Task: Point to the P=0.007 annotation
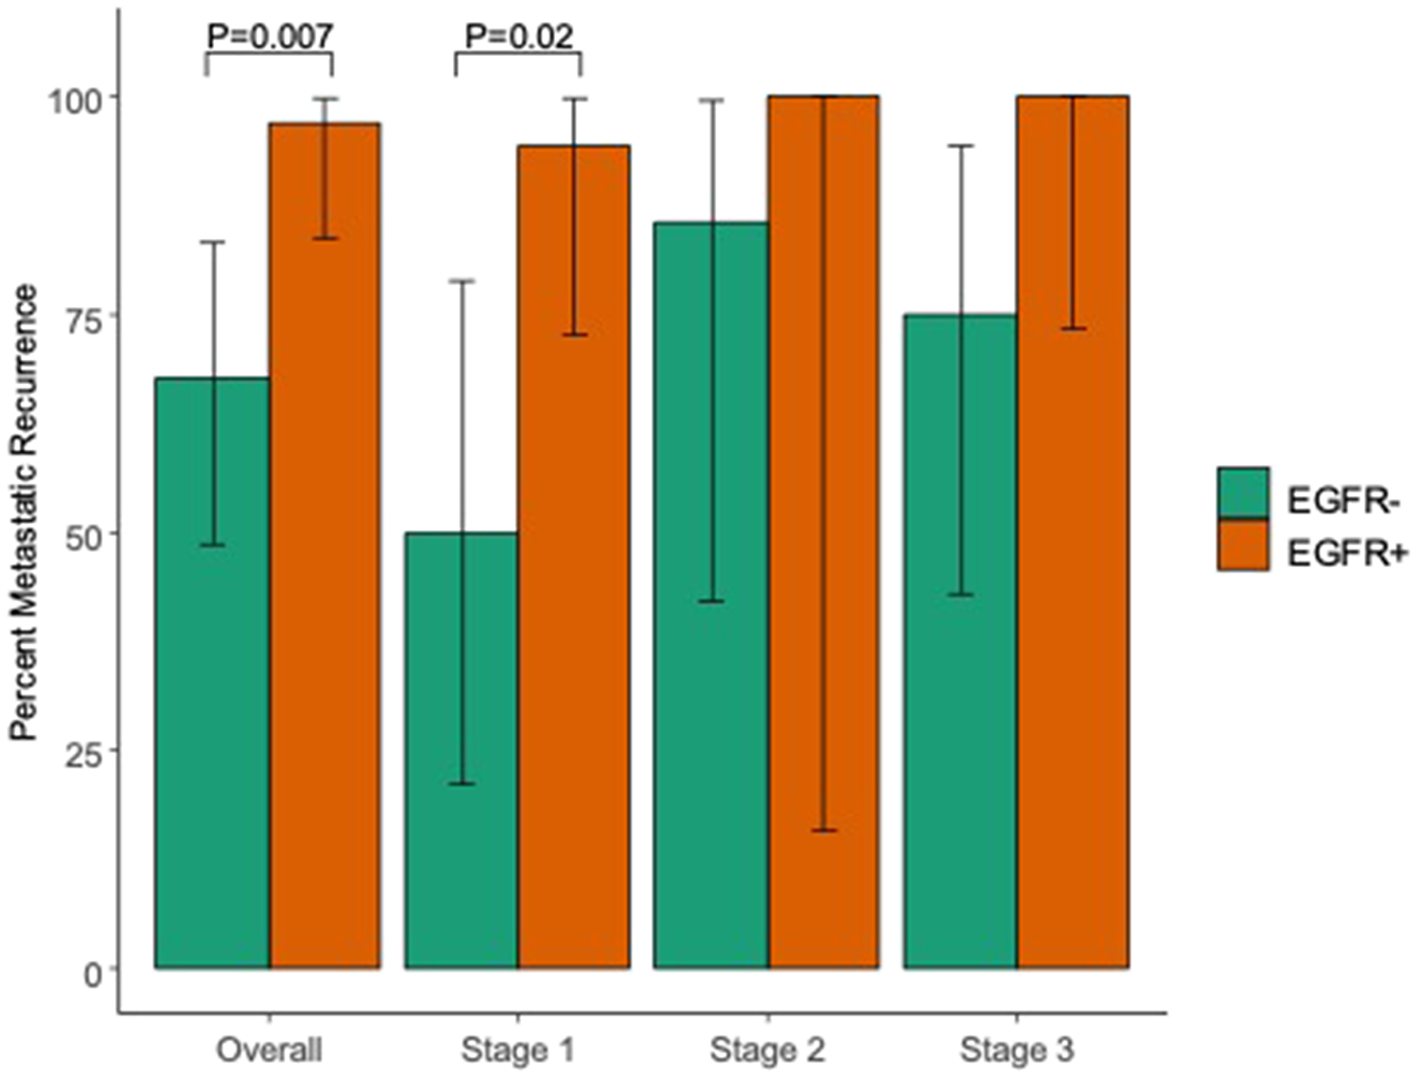pyautogui.click(x=269, y=36)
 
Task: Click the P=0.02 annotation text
pyautogui.click(x=518, y=36)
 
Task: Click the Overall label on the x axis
pyautogui.click(x=269, y=1050)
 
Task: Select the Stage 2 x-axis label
pyautogui.click(x=768, y=1050)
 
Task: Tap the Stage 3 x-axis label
pyautogui.click(x=1017, y=1050)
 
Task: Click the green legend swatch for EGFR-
pyautogui.click(x=1243, y=493)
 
